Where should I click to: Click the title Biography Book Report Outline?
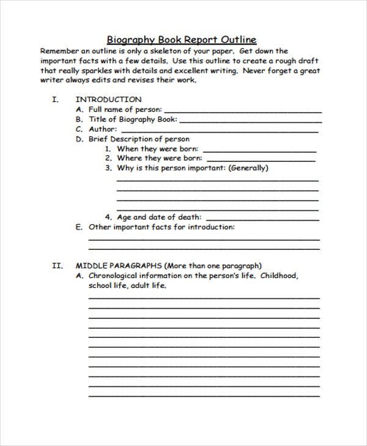coord(182,40)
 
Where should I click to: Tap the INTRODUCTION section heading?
coord(108,99)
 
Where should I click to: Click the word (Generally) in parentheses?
coord(248,168)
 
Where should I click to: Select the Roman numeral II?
coord(57,266)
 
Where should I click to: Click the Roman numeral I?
coord(55,99)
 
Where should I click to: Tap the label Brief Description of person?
coord(139,139)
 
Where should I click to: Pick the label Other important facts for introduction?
coord(161,227)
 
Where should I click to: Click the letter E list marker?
coord(78,227)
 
